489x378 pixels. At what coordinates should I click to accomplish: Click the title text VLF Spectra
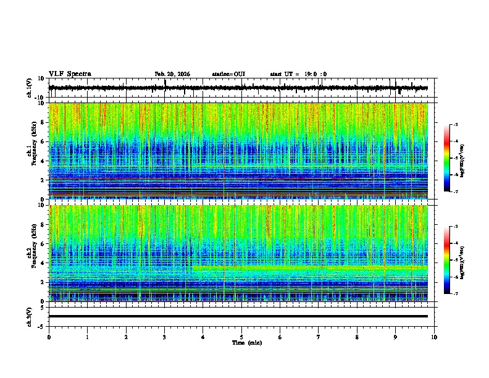click(x=70, y=73)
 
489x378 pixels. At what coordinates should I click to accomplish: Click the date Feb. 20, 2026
click(x=172, y=74)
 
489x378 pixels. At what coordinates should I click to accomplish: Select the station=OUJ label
click(x=228, y=74)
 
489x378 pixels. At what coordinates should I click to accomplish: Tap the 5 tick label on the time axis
click(x=241, y=337)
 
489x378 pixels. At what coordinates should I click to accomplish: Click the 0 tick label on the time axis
click(x=49, y=337)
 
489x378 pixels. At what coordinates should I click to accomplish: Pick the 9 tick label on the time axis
click(x=396, y=337)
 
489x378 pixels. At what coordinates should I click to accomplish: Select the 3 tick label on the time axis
click(x=164, y=337)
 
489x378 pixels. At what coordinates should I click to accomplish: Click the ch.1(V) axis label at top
click(x=30, y=88)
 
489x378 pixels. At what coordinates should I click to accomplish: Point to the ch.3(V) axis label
click(x=30, y=316)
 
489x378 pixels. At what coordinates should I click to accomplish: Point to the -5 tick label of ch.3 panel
click(x=42, y=325)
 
